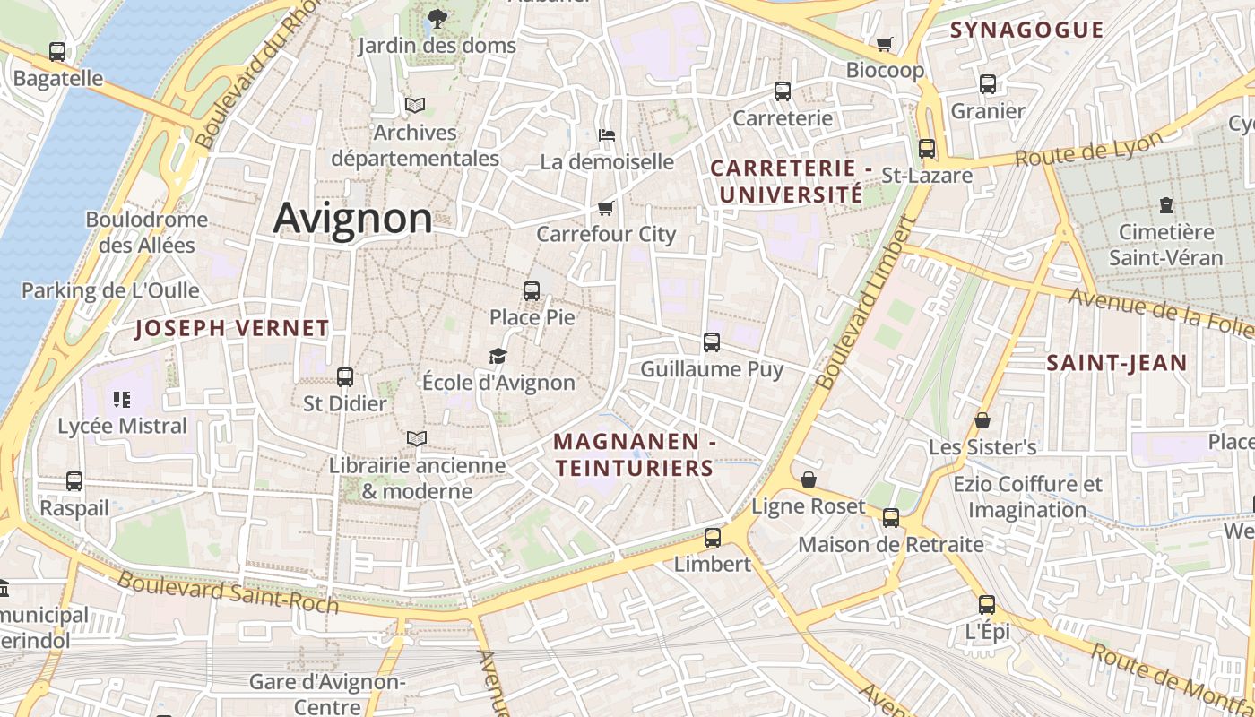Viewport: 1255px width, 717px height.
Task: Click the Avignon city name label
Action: tap(352, 218)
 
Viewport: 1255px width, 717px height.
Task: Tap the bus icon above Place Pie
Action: tap(532, 291)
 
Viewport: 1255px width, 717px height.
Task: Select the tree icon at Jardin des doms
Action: tap(437, 18)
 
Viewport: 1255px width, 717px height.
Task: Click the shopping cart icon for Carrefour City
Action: tap(605, 208)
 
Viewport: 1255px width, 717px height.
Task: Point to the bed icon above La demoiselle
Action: tap(607, 135)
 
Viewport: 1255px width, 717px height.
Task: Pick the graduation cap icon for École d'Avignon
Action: tap(498, 357)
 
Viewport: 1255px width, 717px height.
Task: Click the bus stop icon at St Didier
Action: tap(345, 377)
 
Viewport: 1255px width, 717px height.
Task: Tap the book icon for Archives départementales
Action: tap(414, 106)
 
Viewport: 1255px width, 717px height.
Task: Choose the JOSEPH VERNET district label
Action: tap(232, 329)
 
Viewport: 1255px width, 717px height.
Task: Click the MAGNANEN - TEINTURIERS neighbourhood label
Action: tap(634, 454)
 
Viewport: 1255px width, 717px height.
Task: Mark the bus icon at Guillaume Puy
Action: tap(712, 342)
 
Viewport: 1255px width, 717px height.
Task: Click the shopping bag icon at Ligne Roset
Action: tap(809, 479)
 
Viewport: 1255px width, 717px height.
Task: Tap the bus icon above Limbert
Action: tap(713, 538)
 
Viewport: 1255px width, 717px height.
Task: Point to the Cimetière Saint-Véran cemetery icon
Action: tap(1165, 205)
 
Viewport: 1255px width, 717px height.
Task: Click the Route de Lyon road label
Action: tap(1088, 149)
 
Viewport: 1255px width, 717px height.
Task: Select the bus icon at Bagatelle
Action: tap(57, 52)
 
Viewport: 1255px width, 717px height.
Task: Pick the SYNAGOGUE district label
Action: tap(1026, 30)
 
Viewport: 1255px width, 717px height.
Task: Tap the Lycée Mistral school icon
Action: tap(122, 399)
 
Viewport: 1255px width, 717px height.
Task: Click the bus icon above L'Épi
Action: tap(987, 605)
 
